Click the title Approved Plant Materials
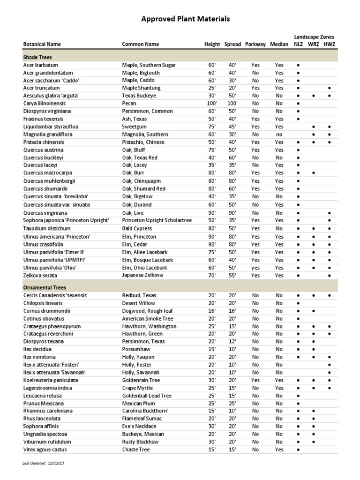click(x=186, y=19)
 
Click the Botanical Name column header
click(x=42, y=44)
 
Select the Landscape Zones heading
click(x=314, y=37)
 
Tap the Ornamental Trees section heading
click(x=45, y=287)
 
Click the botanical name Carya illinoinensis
click(x=45, y=103)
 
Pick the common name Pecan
click(x=129, y=103)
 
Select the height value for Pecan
click(x=212, y=103)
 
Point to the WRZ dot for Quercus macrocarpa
click(x=313, y=173)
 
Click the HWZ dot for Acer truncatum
click(x=330, y=88)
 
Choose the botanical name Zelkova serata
click(x=41, y=275)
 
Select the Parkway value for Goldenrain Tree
click(x=255, y=380)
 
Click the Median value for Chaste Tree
click(x=279, y=450)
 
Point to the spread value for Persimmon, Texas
click(x=232, y=342)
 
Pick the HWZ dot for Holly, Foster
click(x=330, y=365)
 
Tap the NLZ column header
click(x=298, y=44)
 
